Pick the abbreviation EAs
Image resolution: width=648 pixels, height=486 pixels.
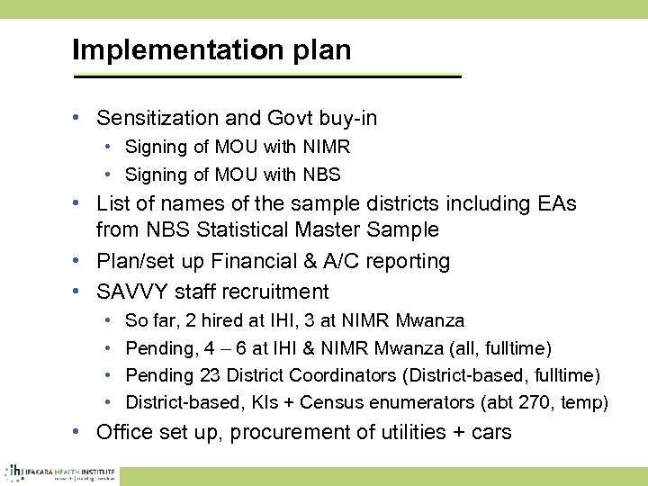click(x=557, y=203)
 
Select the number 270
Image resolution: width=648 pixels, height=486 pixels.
click(x=528, y=402)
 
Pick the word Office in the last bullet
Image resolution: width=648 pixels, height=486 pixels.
click(x=125, y=433)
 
